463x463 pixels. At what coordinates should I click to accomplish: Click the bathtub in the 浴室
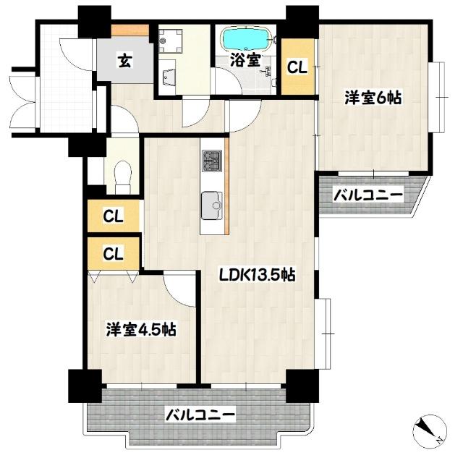246,37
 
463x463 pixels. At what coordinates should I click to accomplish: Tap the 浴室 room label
245,60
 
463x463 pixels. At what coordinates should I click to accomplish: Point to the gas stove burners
212,161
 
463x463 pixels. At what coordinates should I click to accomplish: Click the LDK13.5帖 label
258,275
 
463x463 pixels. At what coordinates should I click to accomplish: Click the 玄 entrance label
125,61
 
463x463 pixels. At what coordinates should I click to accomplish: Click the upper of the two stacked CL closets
112,216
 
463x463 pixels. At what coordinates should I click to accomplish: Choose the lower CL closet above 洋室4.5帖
112,253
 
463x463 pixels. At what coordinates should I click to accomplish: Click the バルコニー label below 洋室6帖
368,194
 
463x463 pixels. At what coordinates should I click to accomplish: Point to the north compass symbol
428,431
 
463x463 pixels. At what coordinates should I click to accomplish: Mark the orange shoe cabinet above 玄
130,30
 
